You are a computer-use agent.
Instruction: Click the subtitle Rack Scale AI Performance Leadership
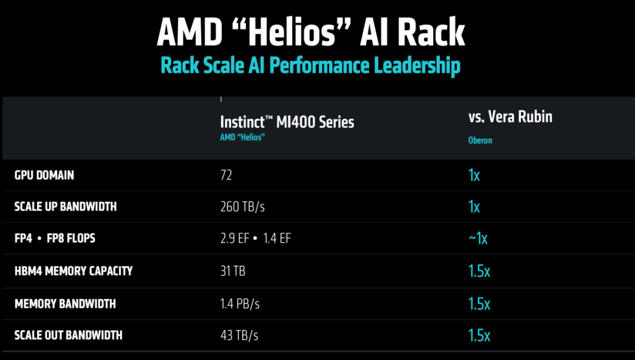[x=310, y=65]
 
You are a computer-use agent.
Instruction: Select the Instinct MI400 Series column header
[x=287, y=122]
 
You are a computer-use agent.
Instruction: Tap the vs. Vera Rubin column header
[x=510, y=116]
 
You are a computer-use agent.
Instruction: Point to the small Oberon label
[x=480, y=141]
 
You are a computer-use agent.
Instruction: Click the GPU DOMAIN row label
[x=44, y=175]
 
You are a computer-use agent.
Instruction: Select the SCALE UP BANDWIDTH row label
[x=65, y=206]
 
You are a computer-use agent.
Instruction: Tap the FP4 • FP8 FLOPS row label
[x=55, y=238]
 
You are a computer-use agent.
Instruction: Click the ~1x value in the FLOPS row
[x=478, y=238]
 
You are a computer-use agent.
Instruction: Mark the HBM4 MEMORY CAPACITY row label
[x=73, y=271]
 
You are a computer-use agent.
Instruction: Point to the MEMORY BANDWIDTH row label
[x=65, y=304]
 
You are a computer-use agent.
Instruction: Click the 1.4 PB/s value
[x=240, y=304]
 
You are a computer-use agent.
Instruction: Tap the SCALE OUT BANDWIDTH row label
[x=68, y=335]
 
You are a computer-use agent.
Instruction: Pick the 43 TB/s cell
[x=239, y=336]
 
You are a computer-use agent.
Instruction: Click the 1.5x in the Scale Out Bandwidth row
[x=479, y=335]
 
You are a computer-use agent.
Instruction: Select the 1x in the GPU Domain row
[x=474, y=175]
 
